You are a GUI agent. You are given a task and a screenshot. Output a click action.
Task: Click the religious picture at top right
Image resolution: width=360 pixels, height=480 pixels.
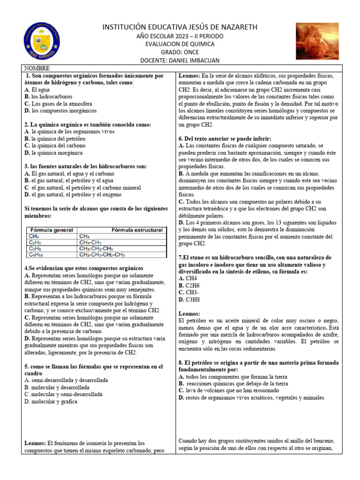(x=317, y=41)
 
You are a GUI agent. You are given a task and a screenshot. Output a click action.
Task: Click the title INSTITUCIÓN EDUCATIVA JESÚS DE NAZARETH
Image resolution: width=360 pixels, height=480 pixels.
(x=180, y=28)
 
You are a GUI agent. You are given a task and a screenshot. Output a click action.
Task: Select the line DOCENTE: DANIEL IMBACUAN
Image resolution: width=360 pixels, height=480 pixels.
(x=180, y=60)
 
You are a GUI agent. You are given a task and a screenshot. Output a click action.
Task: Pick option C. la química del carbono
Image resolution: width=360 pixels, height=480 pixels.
(x=53, y=146)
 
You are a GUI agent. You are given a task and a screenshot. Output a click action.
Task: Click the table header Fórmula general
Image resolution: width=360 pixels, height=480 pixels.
(x=52, y=230)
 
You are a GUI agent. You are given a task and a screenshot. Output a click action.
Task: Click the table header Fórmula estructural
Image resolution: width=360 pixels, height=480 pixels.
(x=137, y=230)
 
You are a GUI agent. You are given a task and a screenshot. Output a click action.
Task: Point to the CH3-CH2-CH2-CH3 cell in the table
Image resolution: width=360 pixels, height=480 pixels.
(x=102, y=255)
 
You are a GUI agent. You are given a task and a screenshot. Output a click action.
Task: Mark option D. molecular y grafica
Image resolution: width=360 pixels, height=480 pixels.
(x=51, y=401)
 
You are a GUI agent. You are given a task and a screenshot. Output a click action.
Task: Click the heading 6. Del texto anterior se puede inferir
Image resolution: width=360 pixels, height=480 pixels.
(x=225, y=139)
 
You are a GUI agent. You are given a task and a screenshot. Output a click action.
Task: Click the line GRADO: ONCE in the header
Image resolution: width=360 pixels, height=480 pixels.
(x=180, y=52)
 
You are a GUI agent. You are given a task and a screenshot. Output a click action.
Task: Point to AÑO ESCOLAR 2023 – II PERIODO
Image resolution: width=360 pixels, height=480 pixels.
(x=180, y=36)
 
